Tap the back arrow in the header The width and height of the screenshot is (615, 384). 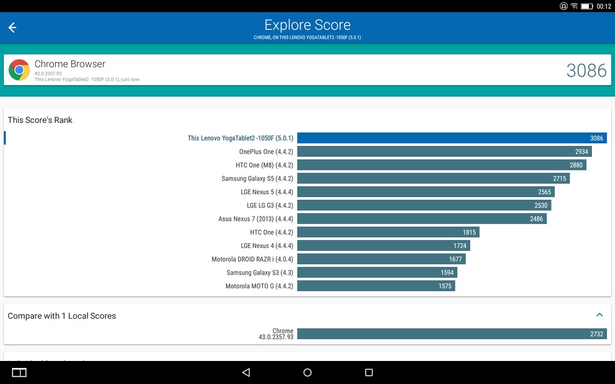click(12, 28)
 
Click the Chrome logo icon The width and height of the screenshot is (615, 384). click(19, 70)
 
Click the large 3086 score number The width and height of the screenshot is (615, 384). click(586, 70)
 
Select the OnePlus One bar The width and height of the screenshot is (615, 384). click(445, 152)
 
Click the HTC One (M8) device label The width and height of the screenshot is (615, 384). click(265, 165)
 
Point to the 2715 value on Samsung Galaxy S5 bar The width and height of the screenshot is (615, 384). click(559, 179)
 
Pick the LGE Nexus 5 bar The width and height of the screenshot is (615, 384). click(426, 192)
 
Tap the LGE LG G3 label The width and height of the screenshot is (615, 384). click(270, 205)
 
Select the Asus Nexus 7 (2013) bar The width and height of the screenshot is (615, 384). click(422, 219)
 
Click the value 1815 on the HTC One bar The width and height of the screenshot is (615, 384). click(469, 232)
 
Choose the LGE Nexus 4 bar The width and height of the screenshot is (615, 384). click(384, 246)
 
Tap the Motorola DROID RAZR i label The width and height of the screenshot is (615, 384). click(252, 259)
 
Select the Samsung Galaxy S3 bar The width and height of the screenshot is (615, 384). click(377, 273)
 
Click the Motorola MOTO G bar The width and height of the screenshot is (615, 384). click(376, 286)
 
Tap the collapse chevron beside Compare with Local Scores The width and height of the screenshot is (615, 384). click(600, 315)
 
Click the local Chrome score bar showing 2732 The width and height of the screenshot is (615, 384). click(452, 334)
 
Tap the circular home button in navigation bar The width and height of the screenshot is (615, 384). click(307, 372)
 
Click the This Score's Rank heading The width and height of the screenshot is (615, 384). click(40, 120)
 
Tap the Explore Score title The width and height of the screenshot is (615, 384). click(307, 25)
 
